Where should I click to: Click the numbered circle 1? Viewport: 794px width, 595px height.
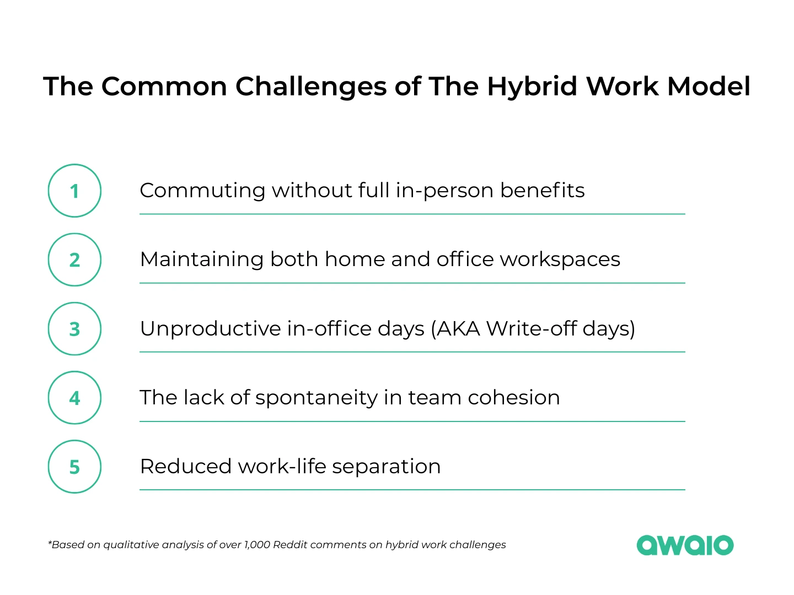[x=74, y=191]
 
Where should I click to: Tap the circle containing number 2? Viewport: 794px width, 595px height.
[x=74, y=259]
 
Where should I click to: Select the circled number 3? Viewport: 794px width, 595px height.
[x=74, y=329]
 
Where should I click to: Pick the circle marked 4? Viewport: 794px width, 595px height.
[x=74, y=398]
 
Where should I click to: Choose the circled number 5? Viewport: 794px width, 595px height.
[x=74, y=467]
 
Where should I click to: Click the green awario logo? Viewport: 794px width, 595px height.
[x=685, y=545]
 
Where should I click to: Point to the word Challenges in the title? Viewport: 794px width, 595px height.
[x=311, y=86]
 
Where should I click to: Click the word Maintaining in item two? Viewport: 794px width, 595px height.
[x=201, y=259]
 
